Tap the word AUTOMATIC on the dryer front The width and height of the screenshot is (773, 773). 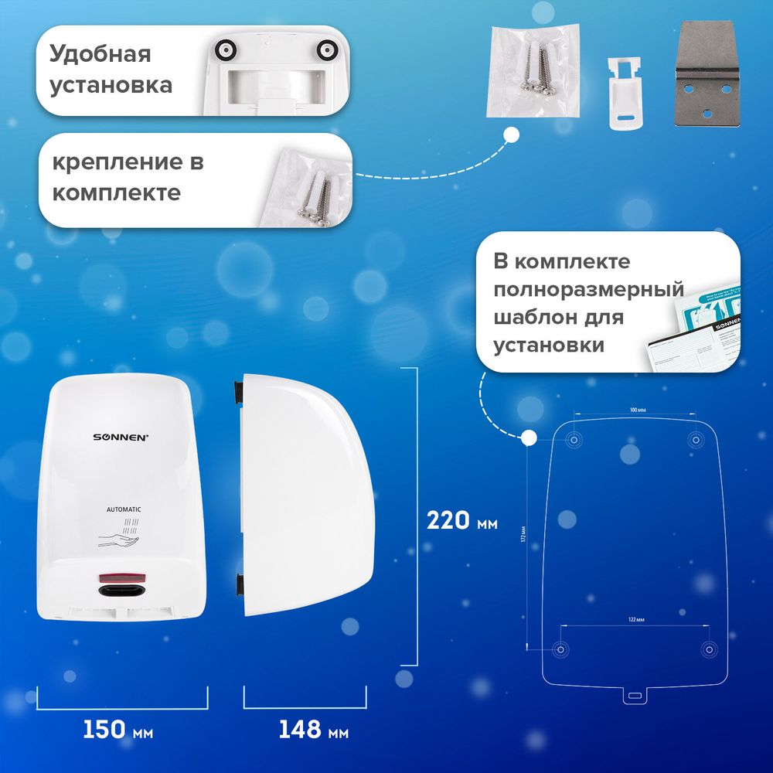(x=124, y=509)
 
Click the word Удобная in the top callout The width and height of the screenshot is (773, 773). (x=100, y=55)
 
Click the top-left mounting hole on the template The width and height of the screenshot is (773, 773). (x=574, y=440)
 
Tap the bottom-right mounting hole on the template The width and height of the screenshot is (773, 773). (x=707, y=649)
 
